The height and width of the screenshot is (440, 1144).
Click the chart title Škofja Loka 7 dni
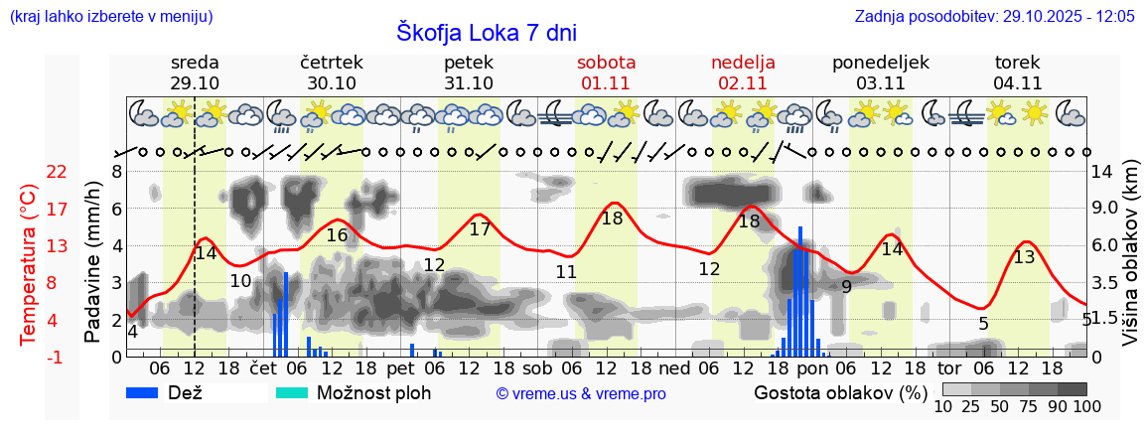(x=486, y=31)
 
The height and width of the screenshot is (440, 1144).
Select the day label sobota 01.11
(x=606, y=73)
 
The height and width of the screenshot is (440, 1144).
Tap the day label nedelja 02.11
(x=743, y=73)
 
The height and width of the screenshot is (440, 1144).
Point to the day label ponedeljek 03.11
(x=880, y=73)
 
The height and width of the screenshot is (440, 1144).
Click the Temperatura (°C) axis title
(x=29, y=265)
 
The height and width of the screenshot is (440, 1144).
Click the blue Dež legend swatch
(x=148, y=392)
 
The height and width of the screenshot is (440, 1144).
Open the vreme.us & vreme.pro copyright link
(x=581, y=393)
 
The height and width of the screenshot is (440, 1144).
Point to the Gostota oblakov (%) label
(x=841, y=392)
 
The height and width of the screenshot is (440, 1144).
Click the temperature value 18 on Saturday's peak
(x=612, y=219)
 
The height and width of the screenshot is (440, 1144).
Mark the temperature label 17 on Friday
(x=480, y=229)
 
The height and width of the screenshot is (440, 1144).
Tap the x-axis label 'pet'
(x=401, y=367)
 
